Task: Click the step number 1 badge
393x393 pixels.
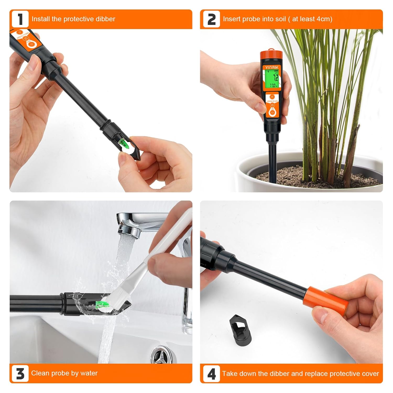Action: click(20, 19)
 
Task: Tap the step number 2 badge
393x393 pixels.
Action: click(211, 19)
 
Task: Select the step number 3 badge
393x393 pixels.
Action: click(20, 373)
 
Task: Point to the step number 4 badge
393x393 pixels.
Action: click(211, 373)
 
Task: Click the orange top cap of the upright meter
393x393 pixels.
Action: click(271, 55)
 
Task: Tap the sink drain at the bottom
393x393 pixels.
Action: click(161, 354)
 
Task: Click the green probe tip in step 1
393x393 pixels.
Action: click(123, 143)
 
